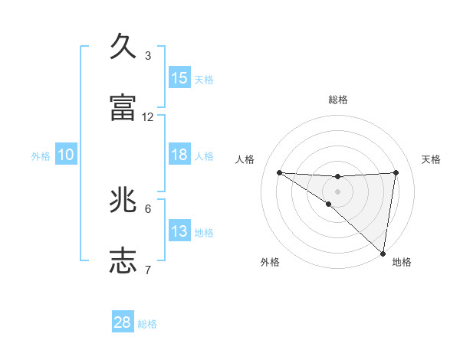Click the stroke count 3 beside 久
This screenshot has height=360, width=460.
coord(148,56)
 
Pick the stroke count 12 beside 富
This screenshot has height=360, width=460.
coord(148,117)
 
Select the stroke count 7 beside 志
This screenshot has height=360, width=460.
coord(148,270)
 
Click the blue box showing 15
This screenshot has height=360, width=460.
coord(179,78)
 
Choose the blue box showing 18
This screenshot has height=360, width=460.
coord(179,155)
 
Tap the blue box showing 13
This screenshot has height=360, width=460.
coord(179,231)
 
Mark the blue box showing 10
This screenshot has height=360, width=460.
coord(66,155)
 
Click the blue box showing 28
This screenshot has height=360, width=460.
coord(123,322)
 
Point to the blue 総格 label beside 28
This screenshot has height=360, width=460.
coord(147,324)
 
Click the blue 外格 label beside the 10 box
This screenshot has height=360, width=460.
coord(41,156)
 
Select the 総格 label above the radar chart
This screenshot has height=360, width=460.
coord(337,100)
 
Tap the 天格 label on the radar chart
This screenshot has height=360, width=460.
coord(431,159)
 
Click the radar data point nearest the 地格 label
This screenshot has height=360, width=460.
coord(383,253)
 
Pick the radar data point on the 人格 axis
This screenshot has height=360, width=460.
coord(279,172)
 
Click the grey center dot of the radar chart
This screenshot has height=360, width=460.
coord(337,191)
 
